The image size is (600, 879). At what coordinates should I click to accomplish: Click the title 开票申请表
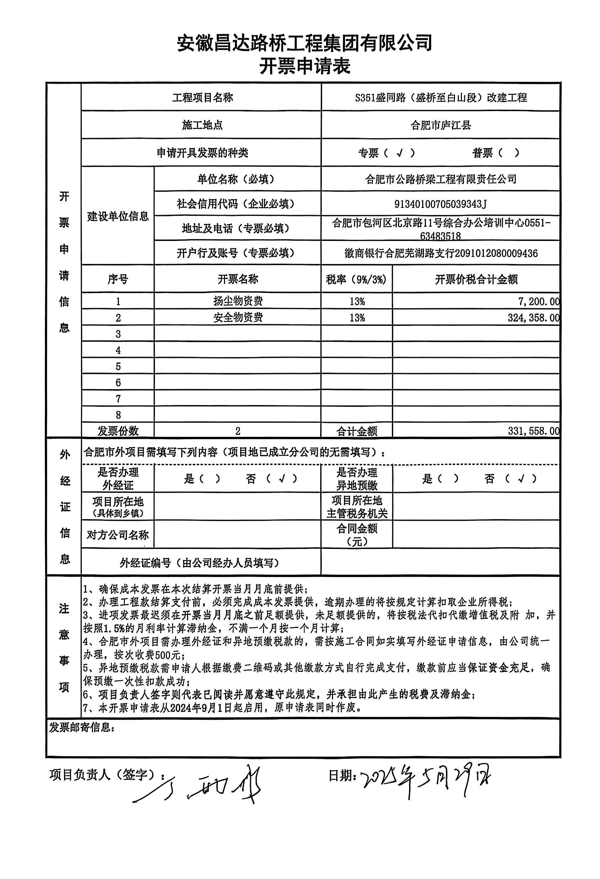305,66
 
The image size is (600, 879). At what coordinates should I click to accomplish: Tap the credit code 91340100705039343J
440,204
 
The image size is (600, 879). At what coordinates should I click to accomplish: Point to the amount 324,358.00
533,318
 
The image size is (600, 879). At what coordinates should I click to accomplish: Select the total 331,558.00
533,431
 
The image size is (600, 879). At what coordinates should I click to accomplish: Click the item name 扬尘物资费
238,301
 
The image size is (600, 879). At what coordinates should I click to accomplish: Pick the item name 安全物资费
238,317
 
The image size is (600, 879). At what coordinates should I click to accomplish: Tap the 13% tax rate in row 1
357,301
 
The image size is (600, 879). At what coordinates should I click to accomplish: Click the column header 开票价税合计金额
476,280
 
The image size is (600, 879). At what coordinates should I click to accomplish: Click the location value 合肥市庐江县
440,125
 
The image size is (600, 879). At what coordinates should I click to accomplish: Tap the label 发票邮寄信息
82,727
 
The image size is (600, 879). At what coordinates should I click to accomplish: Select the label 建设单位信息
118,216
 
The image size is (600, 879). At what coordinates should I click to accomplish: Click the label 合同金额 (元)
357,534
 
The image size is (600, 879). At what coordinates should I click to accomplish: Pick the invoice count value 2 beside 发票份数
238,431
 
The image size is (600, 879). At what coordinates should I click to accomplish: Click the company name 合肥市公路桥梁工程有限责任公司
440,179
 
